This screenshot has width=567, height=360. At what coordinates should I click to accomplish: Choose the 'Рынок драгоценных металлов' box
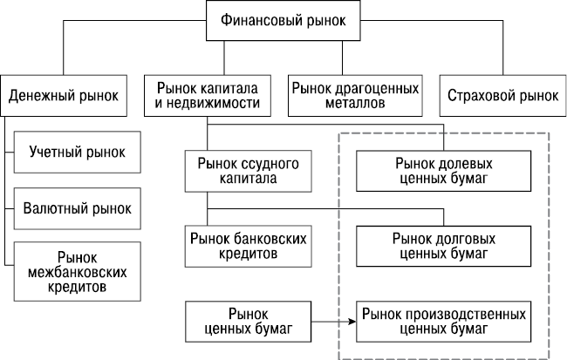(355, 94)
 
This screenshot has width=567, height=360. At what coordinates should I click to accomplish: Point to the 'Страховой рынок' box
(498, 94)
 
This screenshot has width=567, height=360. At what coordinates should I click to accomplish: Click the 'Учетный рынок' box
(77, 153)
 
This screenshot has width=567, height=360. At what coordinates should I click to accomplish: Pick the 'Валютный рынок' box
(77, 208)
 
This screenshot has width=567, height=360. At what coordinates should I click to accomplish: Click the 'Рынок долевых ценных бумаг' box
(442, 171)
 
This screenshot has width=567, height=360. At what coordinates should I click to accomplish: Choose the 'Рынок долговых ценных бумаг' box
(442, 245)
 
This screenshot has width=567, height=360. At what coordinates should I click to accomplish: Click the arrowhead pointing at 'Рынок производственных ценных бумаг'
(352, 321)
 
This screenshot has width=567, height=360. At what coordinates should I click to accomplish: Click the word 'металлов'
(355, 102)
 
